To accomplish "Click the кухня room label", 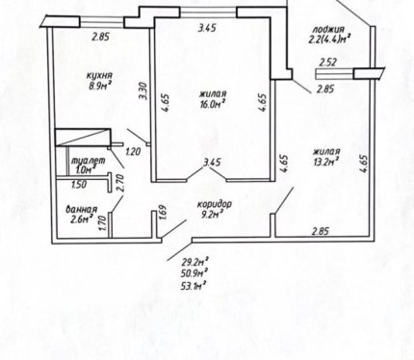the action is pos(99,76).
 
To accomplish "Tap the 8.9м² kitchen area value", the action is pos(100,86).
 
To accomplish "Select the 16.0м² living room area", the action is pos(212,104).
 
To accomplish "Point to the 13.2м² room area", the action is pos(327,161).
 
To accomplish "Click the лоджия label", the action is pos(328,30).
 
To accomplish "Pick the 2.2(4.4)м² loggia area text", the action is pos(329,39).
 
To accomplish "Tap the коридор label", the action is pos(214,204).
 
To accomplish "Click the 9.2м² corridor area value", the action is pos(212,214).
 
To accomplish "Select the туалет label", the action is pos(90,161).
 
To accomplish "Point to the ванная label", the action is pos(81,210).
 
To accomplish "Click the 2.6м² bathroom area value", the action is pos(82,219).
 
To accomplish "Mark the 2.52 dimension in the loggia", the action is pos(328,62).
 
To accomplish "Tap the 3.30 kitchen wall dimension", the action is pos(143,91).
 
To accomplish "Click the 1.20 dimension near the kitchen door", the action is pos(133,151).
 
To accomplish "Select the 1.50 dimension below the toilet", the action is pos(78,185).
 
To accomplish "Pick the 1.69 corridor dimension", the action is pos(163,212).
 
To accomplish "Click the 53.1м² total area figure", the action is pos(194,285).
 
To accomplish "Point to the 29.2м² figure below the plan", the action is pos(194,263).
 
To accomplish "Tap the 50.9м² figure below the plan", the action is pos(194,273).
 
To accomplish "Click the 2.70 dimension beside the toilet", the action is pos(120,184).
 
